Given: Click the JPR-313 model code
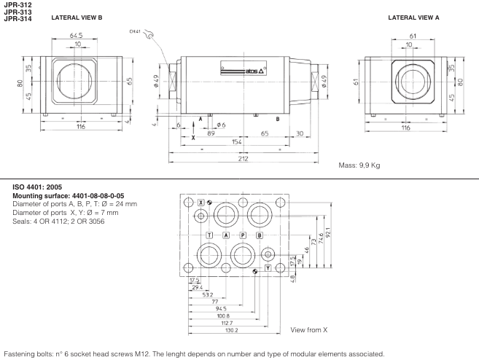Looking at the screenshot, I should pyautogui.click(x=17, y=12).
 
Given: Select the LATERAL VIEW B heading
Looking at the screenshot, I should pyautogui.click(x=77, y=17).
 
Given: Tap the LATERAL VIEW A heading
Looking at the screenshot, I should pyautogui.click(x=413, y=17).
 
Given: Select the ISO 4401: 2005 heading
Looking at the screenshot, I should pyautogui.click(x=41, y=187).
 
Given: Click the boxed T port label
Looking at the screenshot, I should pyautogui.click(x=210, y=235).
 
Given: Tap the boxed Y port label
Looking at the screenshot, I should pyautogui.click(x=268, y=268).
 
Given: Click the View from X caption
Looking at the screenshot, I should pyautogui.click(x=309, y=330).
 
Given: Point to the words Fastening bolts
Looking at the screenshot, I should pyautogui.click(x=23, y=353).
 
